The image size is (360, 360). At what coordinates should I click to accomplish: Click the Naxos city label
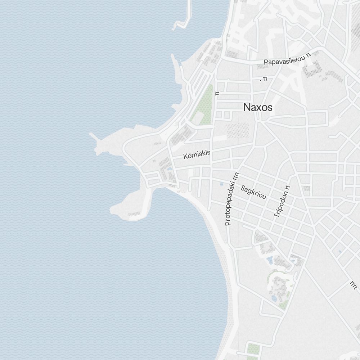tap(258, 107)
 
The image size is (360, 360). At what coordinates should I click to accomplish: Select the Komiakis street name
tap(197, 155)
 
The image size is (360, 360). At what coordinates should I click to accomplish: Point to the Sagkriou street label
tap(254, 192)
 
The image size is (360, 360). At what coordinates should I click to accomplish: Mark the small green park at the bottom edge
tap(253, 348)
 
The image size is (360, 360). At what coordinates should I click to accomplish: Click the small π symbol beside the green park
tap(217, 93)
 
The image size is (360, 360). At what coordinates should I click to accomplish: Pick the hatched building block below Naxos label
tap(238, 130)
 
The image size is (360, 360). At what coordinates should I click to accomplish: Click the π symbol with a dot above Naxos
tap(265, 79)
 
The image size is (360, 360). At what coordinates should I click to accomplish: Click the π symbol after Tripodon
tap(287, 187)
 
